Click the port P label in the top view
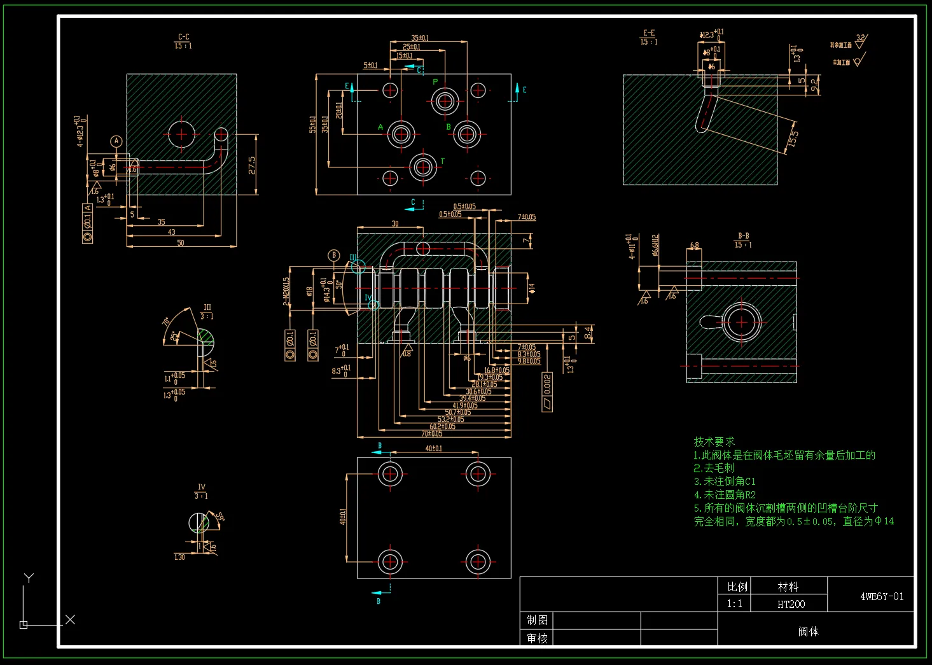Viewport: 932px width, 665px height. pyautogui.click(x=435, y=81)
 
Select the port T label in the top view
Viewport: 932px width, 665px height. pyautogui.click(x=442, y=162)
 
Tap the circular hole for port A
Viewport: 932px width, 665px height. pyautogui.click(x=401, y=134)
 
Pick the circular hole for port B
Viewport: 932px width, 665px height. pyautogui.click(x=467, y=134)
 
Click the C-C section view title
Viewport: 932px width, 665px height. pyautogui.click(x=183, y=37)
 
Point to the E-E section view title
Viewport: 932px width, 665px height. pyautogui.click(x=649, y=32)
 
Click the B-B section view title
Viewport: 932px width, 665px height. pyautogui.click(x=743, y=236)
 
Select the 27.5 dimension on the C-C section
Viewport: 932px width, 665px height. pyautogui.click(x=253, y=165)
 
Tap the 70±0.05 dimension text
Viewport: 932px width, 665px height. pyautogui.click(x=431, y=434)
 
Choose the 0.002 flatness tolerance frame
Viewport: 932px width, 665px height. pyautogui.click(x=547, y=391)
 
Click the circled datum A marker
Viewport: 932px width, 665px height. pyautogui.click(x=116, y=141)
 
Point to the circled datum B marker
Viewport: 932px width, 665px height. pyautogui.click(x=334, y=255)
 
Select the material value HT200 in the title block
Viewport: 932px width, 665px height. pyautogui.click(x=791, y=604)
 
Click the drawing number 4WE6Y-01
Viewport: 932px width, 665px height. pyautogui.click(x=882, y=597)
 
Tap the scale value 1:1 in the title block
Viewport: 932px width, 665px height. pyautogui.click(x=734, y=604)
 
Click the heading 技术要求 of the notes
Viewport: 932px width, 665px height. pyautogui.click(x=714, y=442)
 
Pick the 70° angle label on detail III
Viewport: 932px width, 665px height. pyautogui.click(x=167, y=322)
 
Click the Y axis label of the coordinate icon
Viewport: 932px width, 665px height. pyautogui.click(x=29, y=578)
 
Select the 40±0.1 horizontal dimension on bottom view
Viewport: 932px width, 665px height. pyautogui.click(x=433, y=449)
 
